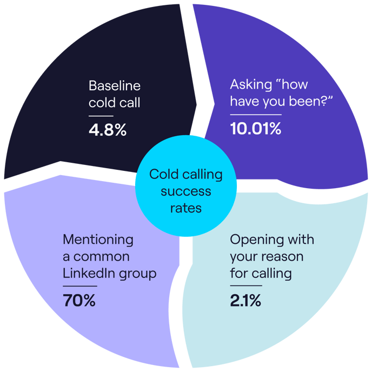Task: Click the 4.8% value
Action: [x=107, y=130]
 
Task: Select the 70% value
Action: [x=79, y=300]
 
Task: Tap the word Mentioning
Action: [x=98, y=239]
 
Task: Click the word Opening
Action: [x=252, y=239]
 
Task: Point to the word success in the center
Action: [x=185, y=191]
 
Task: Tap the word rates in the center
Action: [x=185, y=208]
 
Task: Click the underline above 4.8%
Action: [x=101, y=116]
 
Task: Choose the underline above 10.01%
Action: [x=256, y=115]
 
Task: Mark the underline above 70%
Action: [x=79, y=285]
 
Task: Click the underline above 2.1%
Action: [x=245, y=285]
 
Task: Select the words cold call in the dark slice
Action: [x=114, y=102]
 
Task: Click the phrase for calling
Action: [x=261, y=273]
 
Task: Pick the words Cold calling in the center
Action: [x=185, y=175]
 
